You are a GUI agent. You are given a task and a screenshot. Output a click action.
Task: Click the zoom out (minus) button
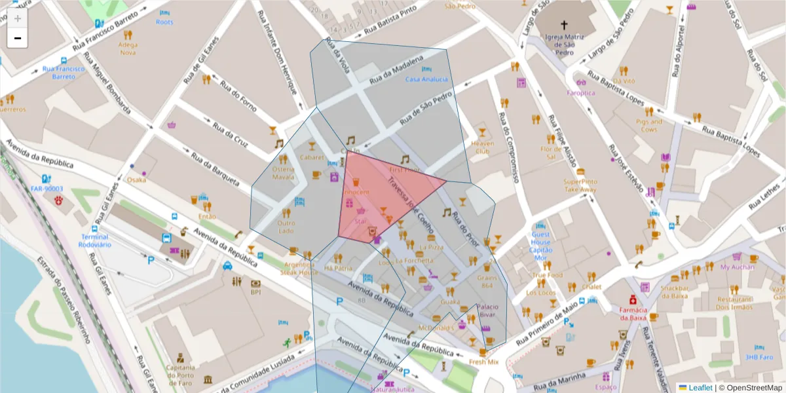pyautogui.click(x=18, y=39)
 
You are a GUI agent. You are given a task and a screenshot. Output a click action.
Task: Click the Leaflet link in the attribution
pyautogui.click(x=699, y=388)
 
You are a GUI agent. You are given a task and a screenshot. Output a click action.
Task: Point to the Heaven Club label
pyautogui.click(x=482, y=147)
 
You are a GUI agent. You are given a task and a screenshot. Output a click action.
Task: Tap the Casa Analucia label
pyautogui.click(x=426, y=79)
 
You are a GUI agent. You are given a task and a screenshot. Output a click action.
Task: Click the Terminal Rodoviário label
pyautogui.click(x=96, y=240)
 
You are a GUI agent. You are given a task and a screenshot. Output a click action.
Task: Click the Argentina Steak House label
pyautogui.click(x=299, y=268)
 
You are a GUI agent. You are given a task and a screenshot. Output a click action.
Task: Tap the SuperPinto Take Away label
pyautogui.click(x=580, y=185)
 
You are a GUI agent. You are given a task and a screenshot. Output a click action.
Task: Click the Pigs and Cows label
pyautogui.click(x=649, y=125)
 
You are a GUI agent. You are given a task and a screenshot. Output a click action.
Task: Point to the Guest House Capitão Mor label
pyautogui.click(x=541, y=246)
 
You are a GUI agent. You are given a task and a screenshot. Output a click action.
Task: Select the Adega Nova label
pyautogui.click(x=128, y=48)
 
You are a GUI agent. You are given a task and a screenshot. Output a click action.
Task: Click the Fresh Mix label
pyautogui.click(x=484, y=362)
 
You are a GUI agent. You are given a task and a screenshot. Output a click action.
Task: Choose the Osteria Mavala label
pyautogui.click(x=284, y=173)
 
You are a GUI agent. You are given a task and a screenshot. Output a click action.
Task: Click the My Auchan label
pyautogui.click(x=737, y=267)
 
